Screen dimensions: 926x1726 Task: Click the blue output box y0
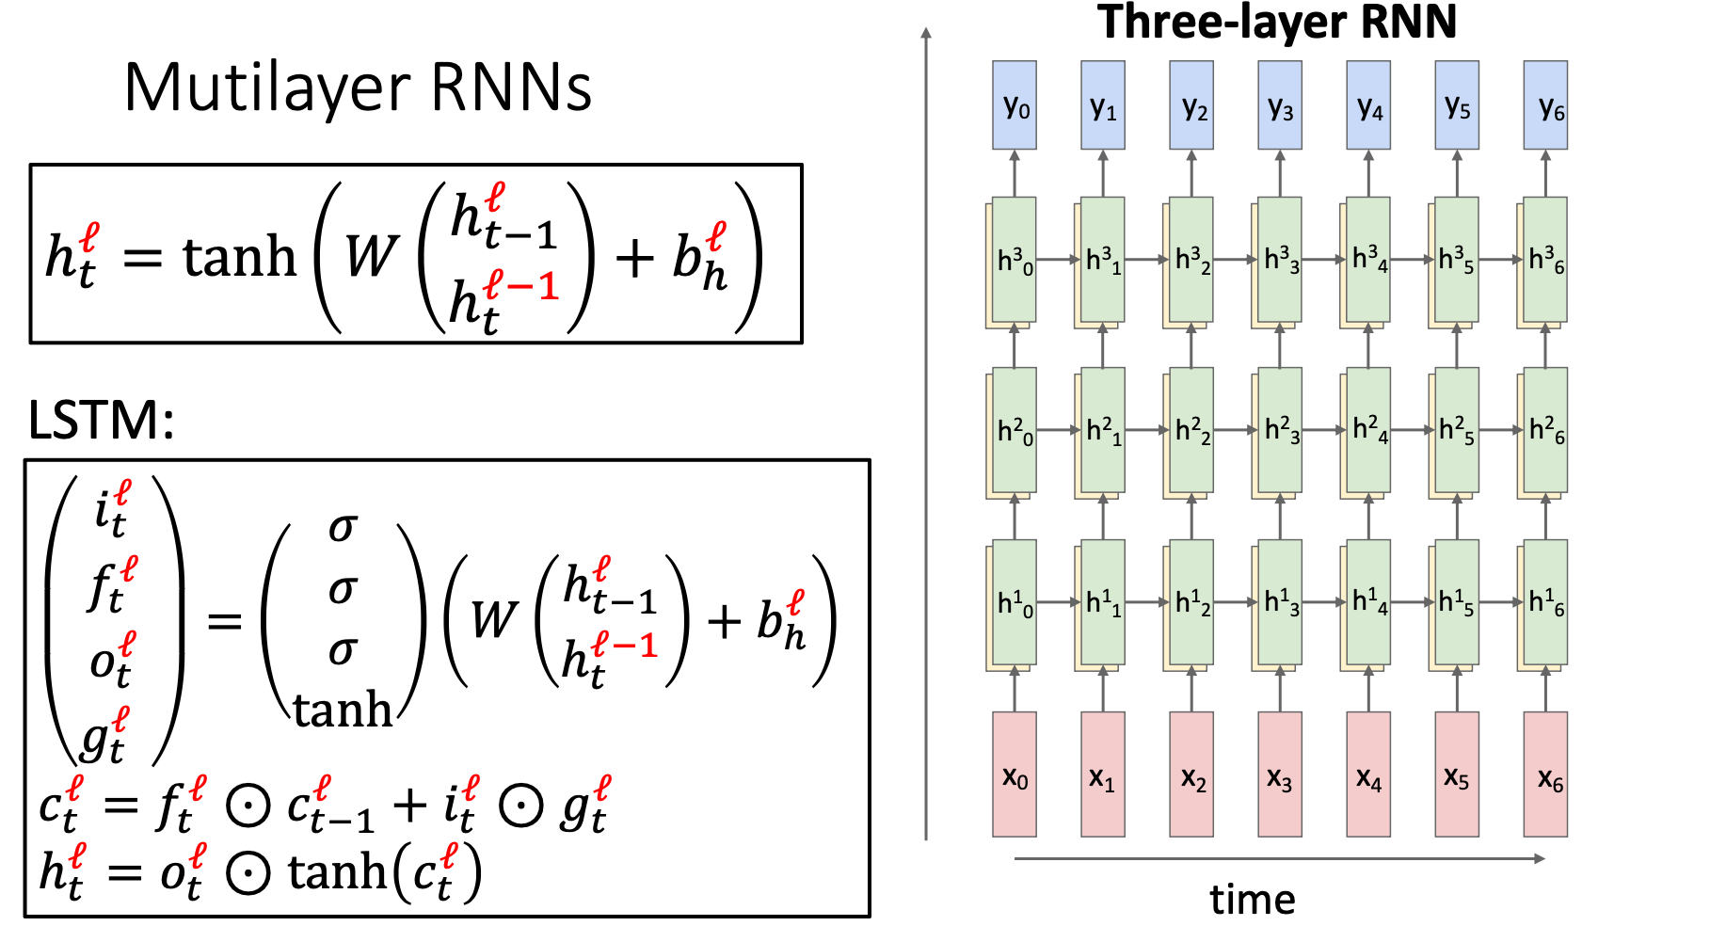pyautogui.click(x=1014, y=104)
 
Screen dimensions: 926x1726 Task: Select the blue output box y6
pyautogui.click(x=1544, y=104)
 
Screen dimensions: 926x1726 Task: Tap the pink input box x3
pyautogui.click(x=1279, y=774)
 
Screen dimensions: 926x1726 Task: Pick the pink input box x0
pyautogui.click(x=1014, y=774)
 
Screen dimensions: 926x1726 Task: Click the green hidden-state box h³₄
pyautogui.click(x=1368, y=259)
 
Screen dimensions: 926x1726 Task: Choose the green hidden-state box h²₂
pyautogui.click(x=1191, y=430)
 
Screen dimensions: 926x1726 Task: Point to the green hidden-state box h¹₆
pyautogui.click(x=1545, y=602)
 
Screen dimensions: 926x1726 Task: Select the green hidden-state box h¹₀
pyautogui.click(x=1015, y=602)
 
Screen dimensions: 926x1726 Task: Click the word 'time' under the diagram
pyautogui.click(x=1252, y=900)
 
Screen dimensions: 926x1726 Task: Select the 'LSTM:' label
pyautogui.click(x=101, y=420)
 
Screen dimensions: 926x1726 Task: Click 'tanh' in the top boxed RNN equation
pyautogui.click(x=239, y=256)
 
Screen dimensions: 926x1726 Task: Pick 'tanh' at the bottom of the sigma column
pyautogui.click(x=343, y=709)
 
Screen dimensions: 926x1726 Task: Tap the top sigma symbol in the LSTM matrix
pyautogui.click(x=343, y=527)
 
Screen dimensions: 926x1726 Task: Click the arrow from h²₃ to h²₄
pyautogui.click(x=1324, y=430)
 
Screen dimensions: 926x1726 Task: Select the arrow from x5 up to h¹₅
pyautogui.click(x=1457, y=691)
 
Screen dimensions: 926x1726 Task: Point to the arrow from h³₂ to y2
pyautogui.click(x=1191, y=173)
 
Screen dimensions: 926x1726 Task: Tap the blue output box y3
pyautogui.click(x=1279, y=104)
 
